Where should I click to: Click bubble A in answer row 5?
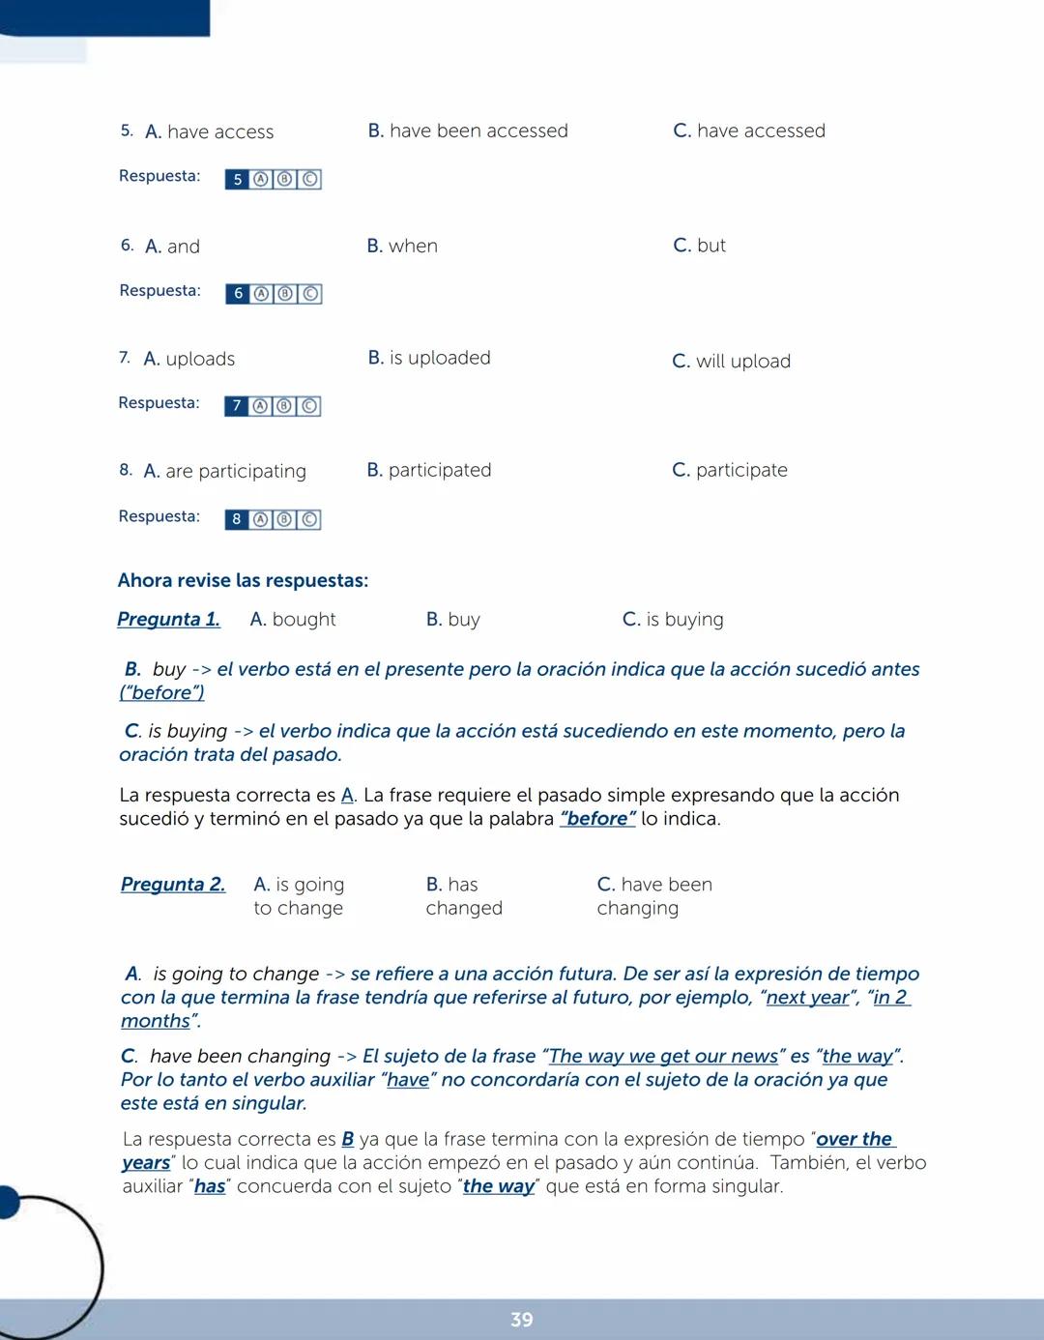click(x=261, y=179)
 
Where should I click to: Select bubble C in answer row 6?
click(x=310, y=294)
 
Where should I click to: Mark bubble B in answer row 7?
click(x=284, y=406)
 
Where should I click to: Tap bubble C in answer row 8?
click(x=309, y=519)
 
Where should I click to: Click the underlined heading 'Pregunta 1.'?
click(x=168, y=619)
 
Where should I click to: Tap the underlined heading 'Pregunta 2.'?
click(x=173, y=884)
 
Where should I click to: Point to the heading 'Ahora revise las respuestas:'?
click(x=243, y=580)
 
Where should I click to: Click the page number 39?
click(x=522, y=1320)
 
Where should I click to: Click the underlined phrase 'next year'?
click(x=807, y=997)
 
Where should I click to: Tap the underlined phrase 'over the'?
click(x=855, y=1139)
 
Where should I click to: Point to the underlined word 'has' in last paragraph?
click(x=210, y=1186)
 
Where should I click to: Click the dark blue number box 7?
click(x=236, y=406)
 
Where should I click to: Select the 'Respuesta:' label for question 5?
click(x=159, y=176)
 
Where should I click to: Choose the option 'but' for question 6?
click(x=710, y=246)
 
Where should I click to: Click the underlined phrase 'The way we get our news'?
click(x=663, y=1056)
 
